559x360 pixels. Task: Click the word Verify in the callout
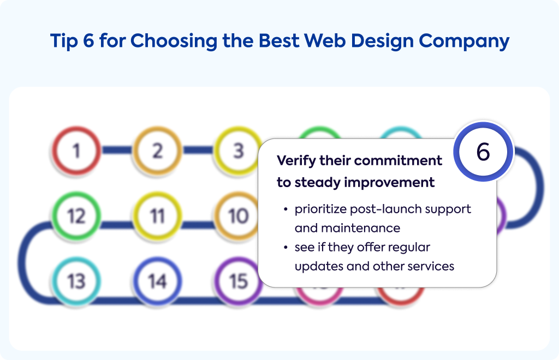click(296, 161)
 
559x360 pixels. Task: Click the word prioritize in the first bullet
click(320, 209)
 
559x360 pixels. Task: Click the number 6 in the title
click(88, 40)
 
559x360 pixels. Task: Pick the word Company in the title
click(464, 41)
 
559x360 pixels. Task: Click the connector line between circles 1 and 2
click(117, 150)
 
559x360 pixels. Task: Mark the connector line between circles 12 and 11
click(117, 225)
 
